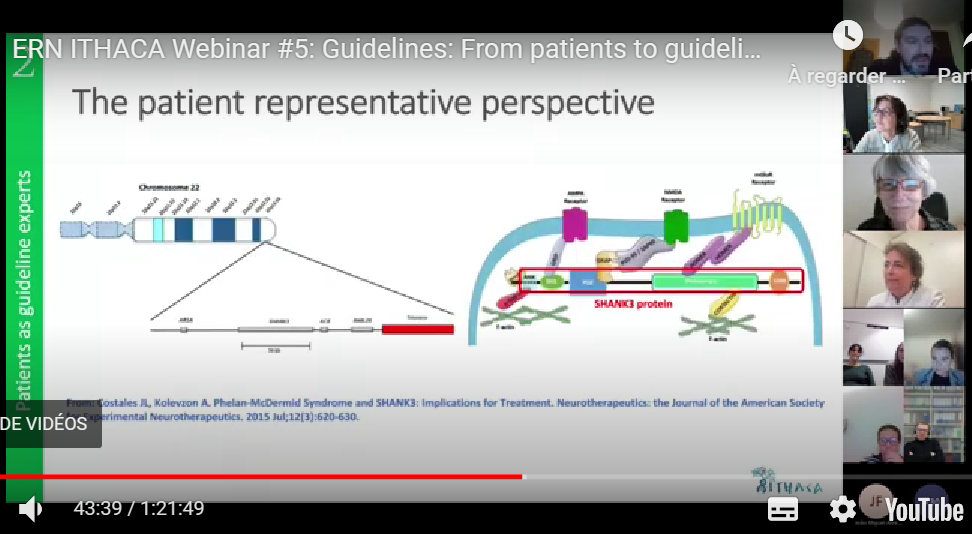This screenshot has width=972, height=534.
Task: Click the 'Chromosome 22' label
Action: (x=167, y=187)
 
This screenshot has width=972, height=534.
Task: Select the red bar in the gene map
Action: (x=417, y=328)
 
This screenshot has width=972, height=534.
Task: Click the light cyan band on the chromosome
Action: (x=158, y=230)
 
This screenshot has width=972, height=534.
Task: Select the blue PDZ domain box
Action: (x=588, y=283)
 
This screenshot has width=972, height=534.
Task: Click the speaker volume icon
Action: (x=31, y=509)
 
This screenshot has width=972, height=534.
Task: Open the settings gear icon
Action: (x=842, y=509)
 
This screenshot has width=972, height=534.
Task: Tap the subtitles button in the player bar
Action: (x=783, y=509)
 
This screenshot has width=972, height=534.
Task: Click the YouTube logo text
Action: (x=924, y=510)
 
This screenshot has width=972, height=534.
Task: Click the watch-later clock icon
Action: (x=847, y=35)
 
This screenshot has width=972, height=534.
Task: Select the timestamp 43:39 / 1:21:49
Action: (x=138, y=509)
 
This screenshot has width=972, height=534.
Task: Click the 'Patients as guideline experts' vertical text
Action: (x=24, y=290)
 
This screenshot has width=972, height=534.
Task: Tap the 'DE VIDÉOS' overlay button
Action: (x=45, y=424)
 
